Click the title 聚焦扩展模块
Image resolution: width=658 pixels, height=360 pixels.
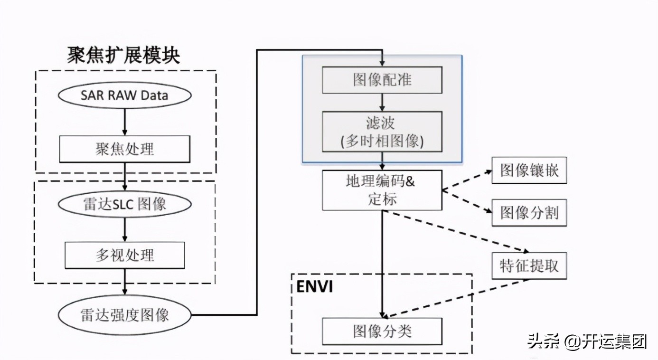[x=124, y=56]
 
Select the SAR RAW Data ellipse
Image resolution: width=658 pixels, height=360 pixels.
[x=124, y=95]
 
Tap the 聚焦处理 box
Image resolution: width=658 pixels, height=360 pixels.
[x=124, y=149]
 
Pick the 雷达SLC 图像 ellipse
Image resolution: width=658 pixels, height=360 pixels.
[x=124, y=204]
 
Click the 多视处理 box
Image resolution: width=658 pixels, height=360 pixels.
[x=124, y=256]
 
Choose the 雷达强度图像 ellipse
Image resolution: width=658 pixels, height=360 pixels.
[x=124, y=315]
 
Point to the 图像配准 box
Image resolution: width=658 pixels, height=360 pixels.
[x=382, y=80]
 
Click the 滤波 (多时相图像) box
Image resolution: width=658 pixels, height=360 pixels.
[x=382, y=132]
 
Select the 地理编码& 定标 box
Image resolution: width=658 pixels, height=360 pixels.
[x=382, y=190]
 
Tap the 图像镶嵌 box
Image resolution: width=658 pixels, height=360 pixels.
[x=529, y=171]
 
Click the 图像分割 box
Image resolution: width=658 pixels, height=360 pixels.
[x=529, y=212]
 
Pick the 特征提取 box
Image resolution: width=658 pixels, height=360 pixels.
[x=529, y=265]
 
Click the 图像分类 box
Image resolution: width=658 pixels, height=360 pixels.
[x=382, y=331]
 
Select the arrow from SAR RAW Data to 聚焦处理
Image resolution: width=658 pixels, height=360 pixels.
[x=124, y=122]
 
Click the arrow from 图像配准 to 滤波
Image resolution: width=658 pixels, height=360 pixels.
[x=382, y=102]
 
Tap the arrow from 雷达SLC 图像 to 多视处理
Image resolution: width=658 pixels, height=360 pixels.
[x=124, y=230]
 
